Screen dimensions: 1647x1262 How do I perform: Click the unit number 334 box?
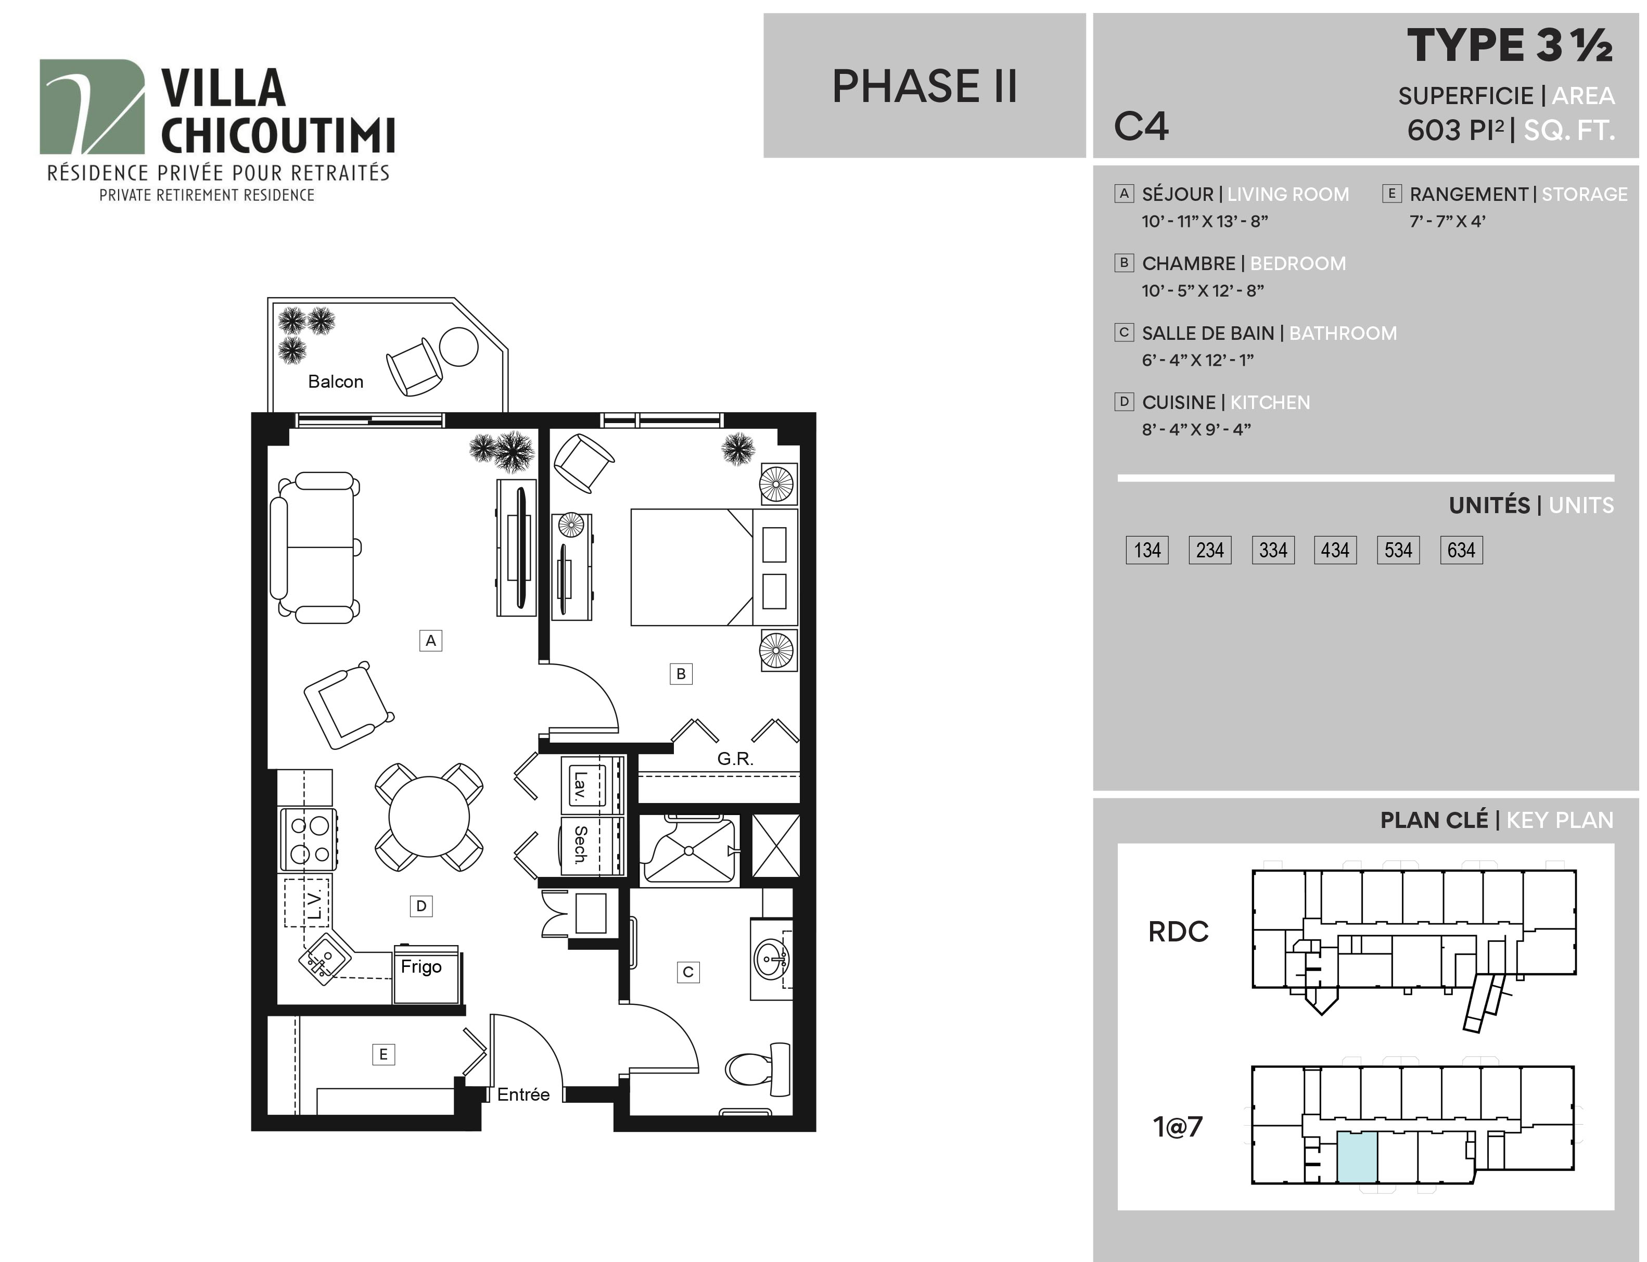[1273, 550]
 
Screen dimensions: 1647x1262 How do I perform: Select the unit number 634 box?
[1461, 550]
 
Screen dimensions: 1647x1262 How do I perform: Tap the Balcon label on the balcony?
[336, 381]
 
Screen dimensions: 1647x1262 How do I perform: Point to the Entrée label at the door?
[524, 1094]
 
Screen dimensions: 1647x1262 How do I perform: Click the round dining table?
[429, 816]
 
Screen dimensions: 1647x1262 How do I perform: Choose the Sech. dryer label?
[580, 845]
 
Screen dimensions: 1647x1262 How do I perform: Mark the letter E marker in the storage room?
[383, 1054]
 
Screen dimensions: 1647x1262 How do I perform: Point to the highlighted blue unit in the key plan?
[1357, 1157]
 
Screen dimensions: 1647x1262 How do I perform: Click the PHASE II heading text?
[925, 86]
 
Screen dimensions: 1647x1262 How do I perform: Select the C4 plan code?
[1141, 126]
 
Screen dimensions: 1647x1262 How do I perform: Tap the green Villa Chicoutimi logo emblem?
[92, 107]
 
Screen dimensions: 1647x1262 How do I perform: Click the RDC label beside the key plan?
[1178, 932]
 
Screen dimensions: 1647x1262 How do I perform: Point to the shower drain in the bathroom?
[688, 851]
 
